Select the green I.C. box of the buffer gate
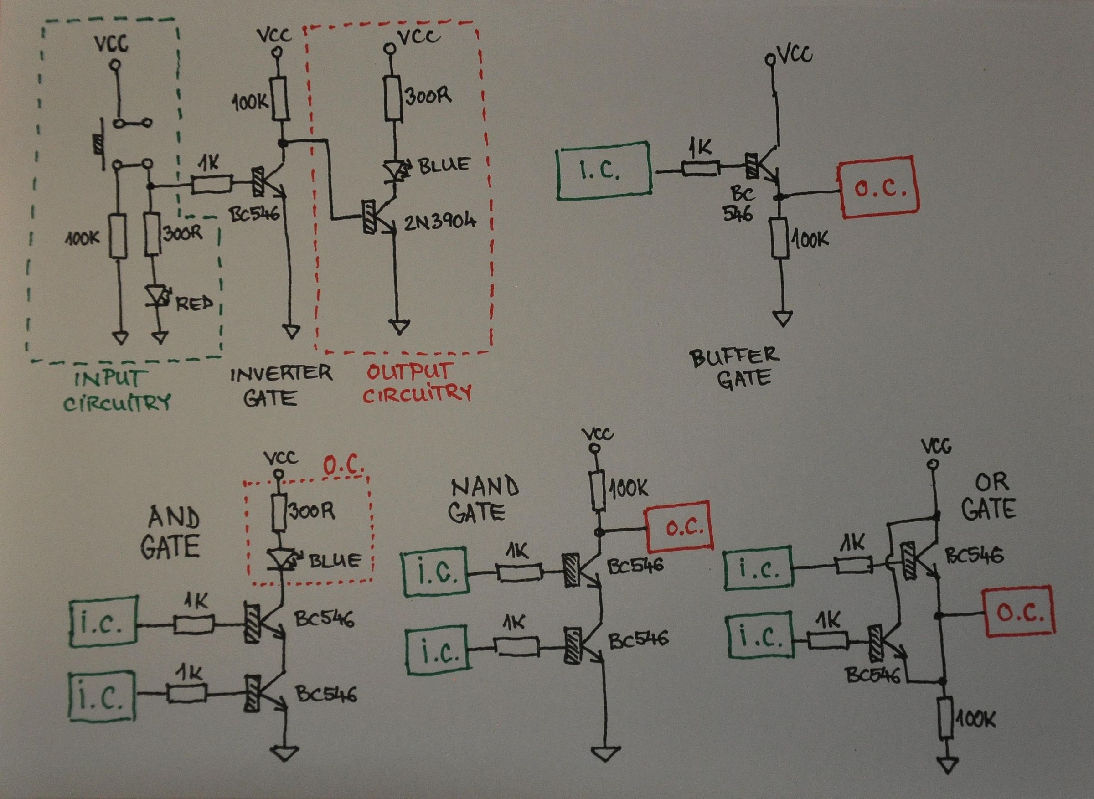click(x=602, y=171)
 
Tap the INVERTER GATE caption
click(x=280, y=386)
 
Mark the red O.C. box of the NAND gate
click(x=679, y=529)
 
